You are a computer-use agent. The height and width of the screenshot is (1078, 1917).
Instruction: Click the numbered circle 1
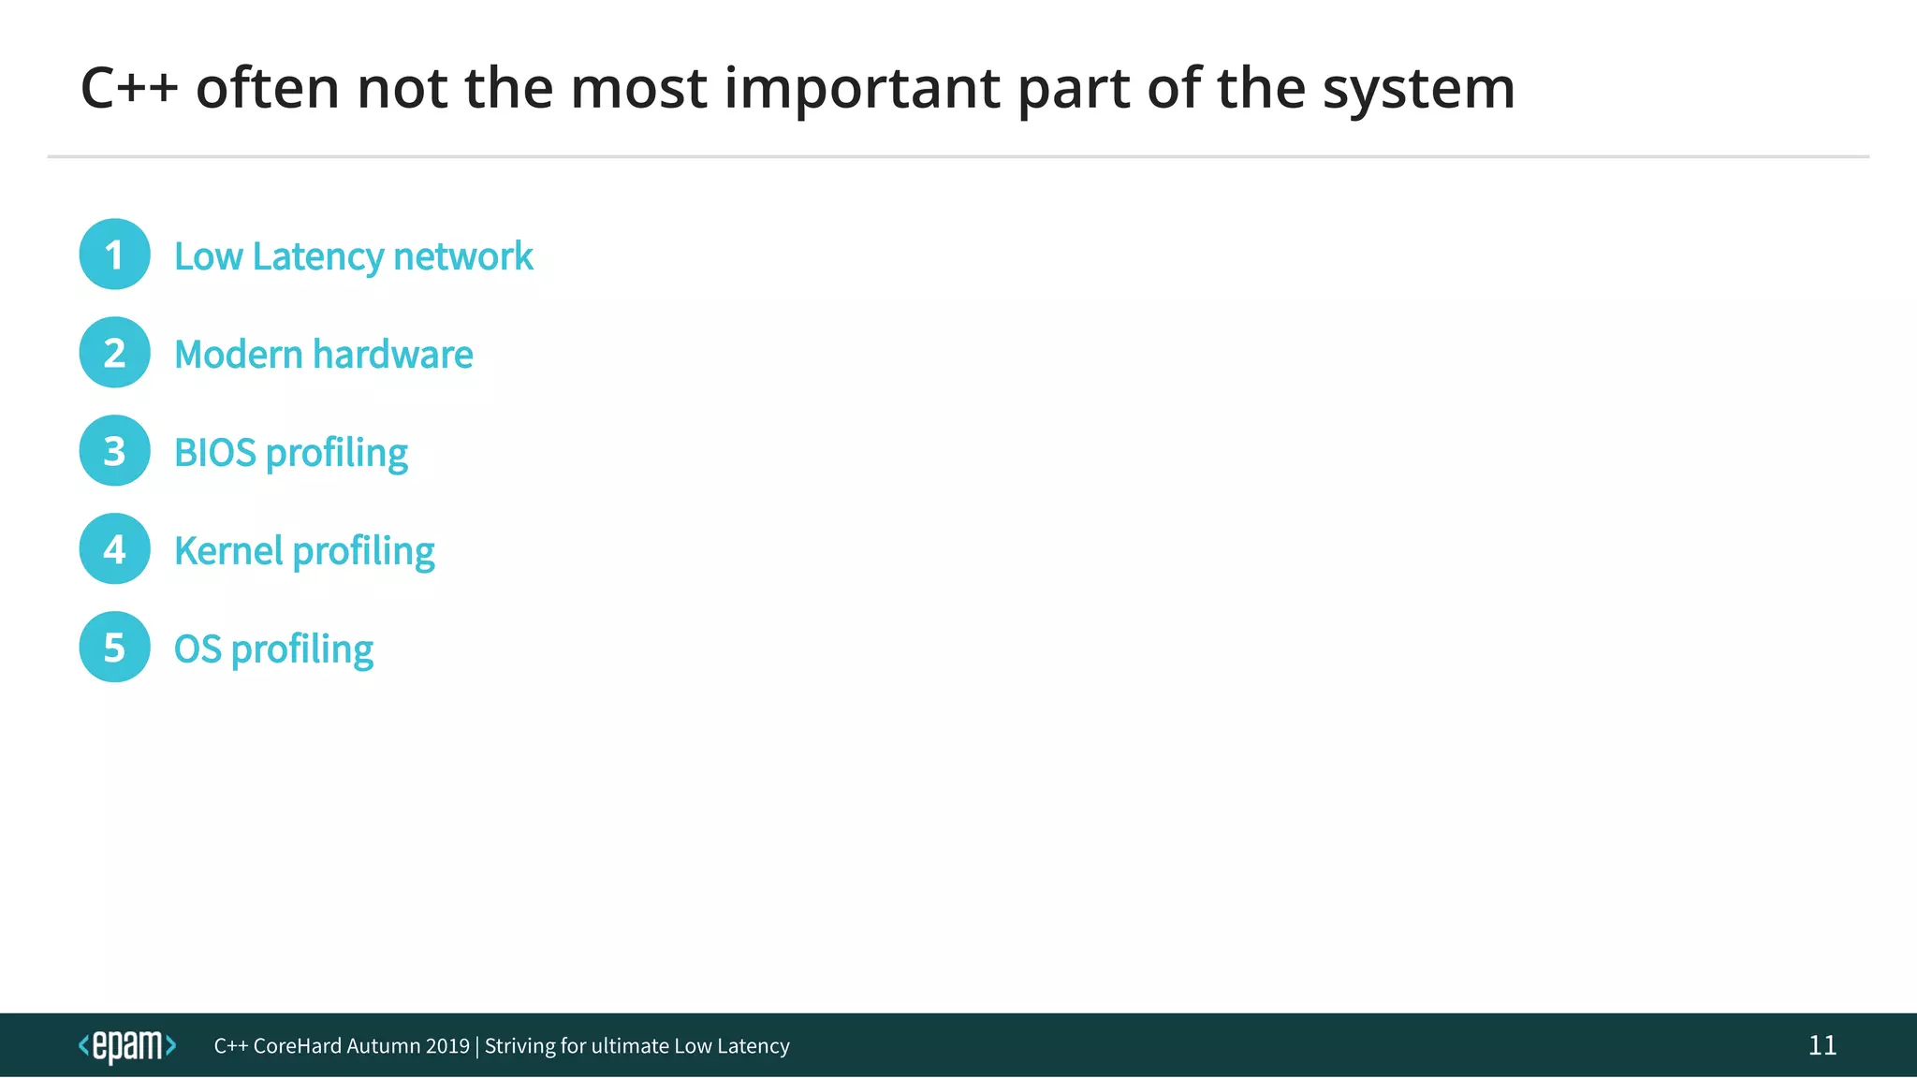click(114, 255)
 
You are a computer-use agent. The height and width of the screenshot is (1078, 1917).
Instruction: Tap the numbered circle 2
click(114, 353)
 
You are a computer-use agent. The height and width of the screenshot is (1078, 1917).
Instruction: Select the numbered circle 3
click(114, 451)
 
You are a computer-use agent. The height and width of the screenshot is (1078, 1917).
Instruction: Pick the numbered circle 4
click(114, 549)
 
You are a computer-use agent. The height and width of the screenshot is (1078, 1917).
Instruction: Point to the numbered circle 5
click(114, 648)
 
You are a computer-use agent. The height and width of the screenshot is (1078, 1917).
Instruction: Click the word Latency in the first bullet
click(317, 256)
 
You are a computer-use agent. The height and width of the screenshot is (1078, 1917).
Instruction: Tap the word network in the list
click(463, 256)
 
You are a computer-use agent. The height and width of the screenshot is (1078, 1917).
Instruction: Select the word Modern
click(239, 355)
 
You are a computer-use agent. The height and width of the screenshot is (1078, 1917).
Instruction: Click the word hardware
click(393, 355)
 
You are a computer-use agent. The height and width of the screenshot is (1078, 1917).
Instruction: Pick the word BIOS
click(214, 453)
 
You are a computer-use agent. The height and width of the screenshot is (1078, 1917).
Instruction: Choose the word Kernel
click(228, 551)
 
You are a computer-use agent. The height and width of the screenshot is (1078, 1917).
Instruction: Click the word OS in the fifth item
click(198, 649)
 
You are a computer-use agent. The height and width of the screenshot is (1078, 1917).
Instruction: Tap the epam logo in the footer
click(126, 1046)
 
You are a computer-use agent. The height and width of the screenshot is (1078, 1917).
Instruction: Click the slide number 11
click(1822, 1045)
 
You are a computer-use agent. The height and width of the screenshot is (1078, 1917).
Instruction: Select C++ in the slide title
click(129, 88)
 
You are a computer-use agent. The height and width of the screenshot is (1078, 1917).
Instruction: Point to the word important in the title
click(862, 90)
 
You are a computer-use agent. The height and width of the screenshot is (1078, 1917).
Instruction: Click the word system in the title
click(1418, 90)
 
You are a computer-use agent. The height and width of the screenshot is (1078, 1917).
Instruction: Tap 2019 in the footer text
click(446, 1046)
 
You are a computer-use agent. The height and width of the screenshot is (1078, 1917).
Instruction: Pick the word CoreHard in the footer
click(297, 1046)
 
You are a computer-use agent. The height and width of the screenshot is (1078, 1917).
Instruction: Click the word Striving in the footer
click(519, 1046)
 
